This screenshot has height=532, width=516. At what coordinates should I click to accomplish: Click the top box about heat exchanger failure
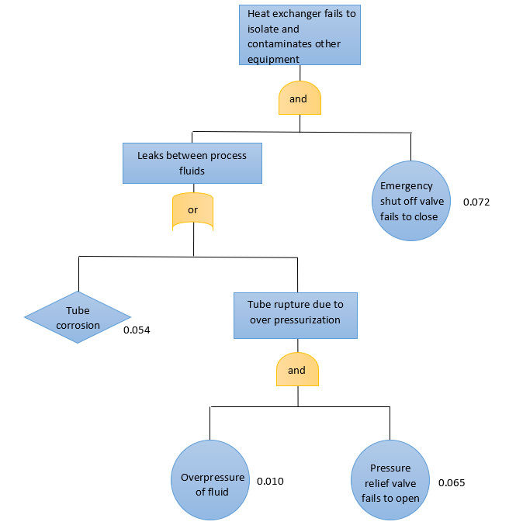click(300, 36)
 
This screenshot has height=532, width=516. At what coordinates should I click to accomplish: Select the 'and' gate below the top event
click(300, 98)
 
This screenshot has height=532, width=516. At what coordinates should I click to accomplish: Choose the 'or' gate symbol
click(192, 211)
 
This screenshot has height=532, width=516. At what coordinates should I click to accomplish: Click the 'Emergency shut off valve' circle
click(410, 201)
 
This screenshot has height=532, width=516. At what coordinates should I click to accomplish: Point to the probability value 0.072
click(476, 202)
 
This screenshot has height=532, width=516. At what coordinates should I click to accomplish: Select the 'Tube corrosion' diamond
click(78, 318)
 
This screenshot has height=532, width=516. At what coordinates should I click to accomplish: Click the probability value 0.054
click(137, 330)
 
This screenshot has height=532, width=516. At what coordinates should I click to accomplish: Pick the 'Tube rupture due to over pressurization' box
click(296, 313)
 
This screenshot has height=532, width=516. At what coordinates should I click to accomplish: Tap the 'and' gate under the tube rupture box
click(297, 371)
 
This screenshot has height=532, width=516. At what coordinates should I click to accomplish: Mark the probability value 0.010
click(270, 482)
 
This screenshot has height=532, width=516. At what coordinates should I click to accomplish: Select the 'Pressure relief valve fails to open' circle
click(390, 482)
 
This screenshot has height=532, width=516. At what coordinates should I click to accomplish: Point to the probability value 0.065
click(452, 482)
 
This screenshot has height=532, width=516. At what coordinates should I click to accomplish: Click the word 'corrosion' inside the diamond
click(78, 326)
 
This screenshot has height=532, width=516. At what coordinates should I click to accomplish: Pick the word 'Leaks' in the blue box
click(151, 155)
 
